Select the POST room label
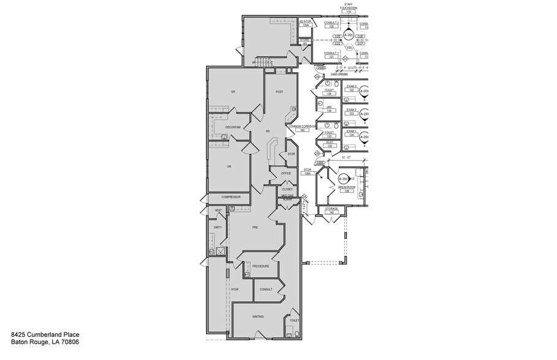279,92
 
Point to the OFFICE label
286,173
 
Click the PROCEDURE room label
260,266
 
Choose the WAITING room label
259,317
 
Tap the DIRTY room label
218,227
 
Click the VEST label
218,211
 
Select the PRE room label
256,227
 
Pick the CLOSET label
287,189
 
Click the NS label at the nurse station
267,132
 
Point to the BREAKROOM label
347,188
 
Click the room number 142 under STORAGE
332,212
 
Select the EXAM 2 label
351,110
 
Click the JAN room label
328,107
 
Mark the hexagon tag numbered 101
349,47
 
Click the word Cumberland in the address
45,336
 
